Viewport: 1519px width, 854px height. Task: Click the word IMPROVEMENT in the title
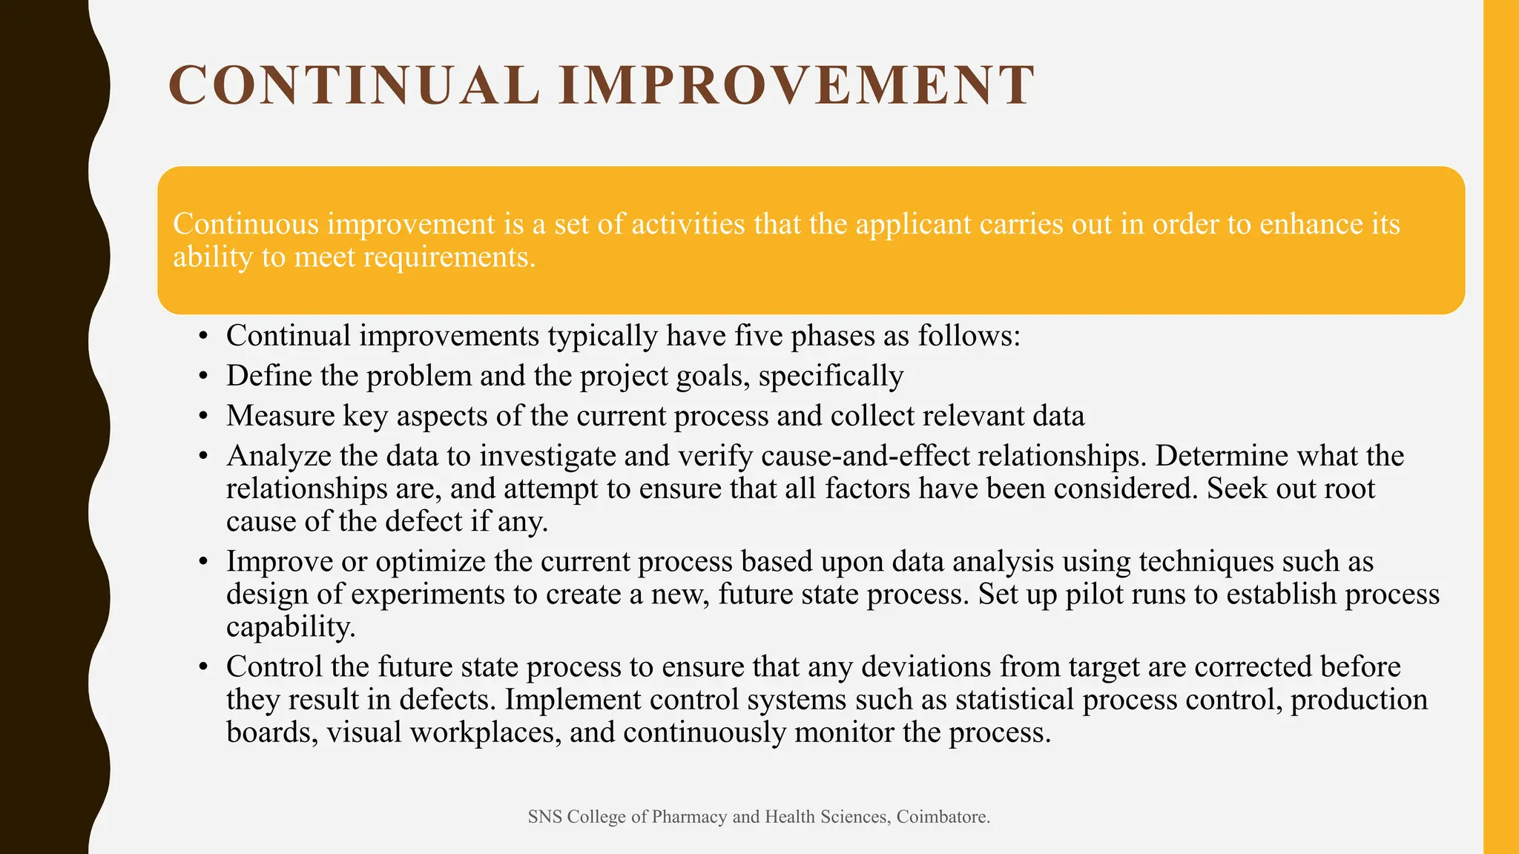[797, 85]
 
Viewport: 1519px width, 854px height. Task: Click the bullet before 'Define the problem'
[202, 377]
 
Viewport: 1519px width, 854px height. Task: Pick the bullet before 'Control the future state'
[202, 668]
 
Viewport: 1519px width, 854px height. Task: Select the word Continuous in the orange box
[246, 224]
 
